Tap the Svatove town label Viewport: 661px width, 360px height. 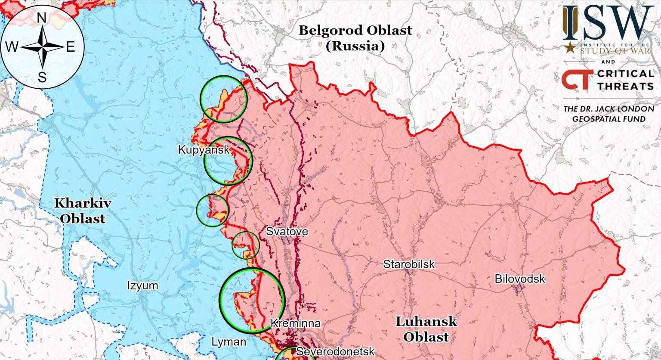287,231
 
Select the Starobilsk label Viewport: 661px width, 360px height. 409,264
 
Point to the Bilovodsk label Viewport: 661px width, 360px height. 520,279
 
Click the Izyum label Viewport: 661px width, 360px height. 142,286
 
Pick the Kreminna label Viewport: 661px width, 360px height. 295,323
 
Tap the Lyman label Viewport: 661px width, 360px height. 229,342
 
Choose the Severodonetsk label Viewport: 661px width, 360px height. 336,351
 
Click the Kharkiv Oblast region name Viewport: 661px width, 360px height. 82,211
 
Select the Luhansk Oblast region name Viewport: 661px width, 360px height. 426,329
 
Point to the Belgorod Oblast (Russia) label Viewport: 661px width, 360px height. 355,38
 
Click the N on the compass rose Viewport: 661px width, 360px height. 42,18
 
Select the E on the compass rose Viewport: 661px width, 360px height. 71,47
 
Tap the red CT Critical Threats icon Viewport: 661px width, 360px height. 575,80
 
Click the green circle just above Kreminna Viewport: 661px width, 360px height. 252,300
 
